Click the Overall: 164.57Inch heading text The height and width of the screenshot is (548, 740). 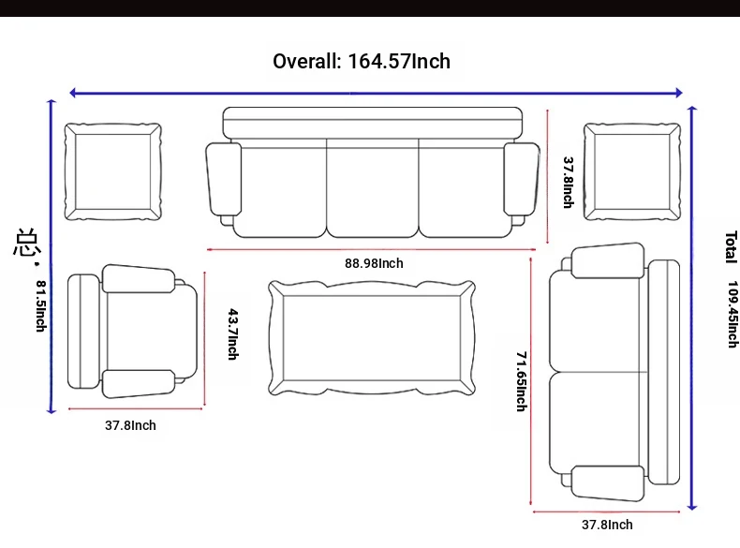pos(362,62)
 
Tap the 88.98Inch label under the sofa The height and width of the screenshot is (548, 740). pos(374,263)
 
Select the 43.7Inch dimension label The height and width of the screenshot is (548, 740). pos(233,334)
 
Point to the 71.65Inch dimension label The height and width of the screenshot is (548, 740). pos(522,381)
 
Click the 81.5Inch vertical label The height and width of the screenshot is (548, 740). pos(41,306)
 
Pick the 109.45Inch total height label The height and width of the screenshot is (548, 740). pos(732,315)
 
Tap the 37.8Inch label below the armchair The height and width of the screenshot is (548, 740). pos(130,425)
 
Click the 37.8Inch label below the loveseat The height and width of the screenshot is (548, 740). pos(607,525)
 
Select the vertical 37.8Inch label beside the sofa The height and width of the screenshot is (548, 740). pos(569,182)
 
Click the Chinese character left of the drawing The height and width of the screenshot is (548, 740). pos(25,243)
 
